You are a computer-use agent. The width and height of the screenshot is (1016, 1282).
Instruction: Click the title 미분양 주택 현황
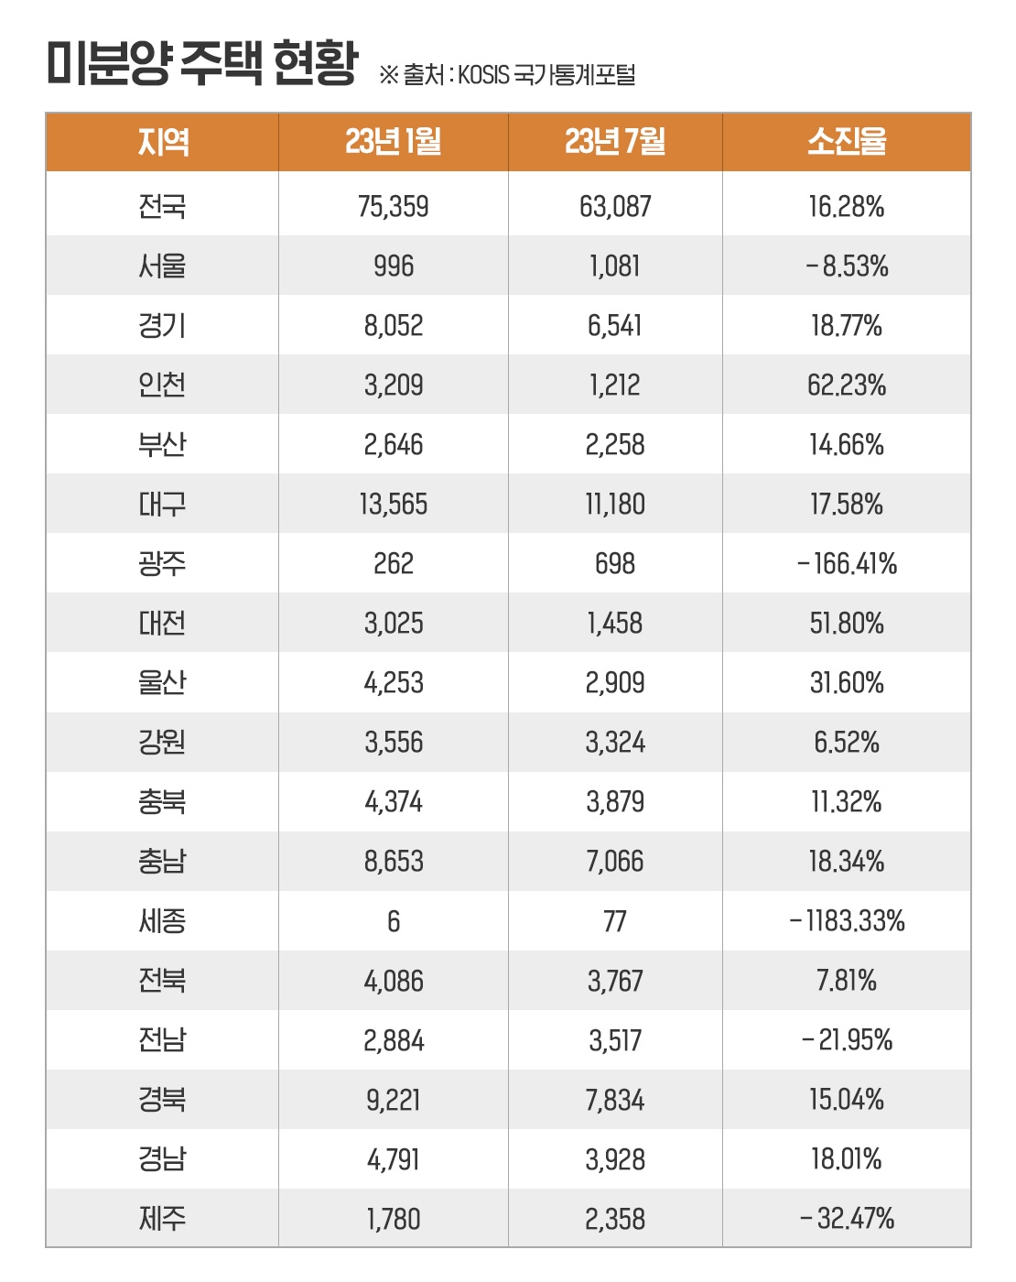201,64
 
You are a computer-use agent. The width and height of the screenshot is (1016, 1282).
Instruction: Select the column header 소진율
846,142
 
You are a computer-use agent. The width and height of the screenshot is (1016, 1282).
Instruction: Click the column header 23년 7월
615,142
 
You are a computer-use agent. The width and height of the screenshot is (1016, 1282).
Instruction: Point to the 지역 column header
163,142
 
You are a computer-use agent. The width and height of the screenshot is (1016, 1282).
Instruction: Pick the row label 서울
163,266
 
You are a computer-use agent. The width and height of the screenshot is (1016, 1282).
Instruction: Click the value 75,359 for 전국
394,207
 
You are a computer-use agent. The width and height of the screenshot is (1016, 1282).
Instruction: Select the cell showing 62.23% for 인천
846,386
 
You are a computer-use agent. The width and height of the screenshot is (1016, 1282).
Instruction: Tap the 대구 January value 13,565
394,505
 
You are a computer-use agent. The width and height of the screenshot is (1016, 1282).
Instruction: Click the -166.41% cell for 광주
846,564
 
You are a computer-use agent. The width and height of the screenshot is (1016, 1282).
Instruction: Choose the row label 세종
163,921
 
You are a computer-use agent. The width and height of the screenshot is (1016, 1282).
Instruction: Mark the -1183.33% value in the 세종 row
846,921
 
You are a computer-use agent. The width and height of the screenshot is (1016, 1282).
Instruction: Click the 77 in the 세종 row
615,921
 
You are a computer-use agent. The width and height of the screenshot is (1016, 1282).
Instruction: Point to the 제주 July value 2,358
615,1219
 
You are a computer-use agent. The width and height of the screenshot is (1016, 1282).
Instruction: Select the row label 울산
163,683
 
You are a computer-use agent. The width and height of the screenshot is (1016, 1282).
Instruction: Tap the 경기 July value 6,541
615,326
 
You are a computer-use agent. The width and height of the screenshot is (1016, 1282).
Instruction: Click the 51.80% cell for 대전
846,624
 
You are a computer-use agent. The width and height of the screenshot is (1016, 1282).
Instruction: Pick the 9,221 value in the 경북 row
394,1100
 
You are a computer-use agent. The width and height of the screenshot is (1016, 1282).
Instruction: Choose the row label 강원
163,743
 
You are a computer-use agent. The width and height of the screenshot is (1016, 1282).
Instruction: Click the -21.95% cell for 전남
846,1040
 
